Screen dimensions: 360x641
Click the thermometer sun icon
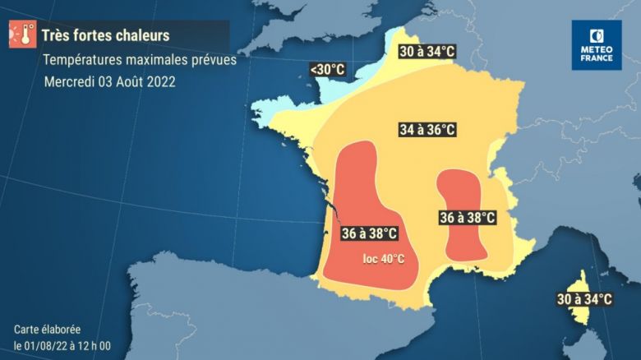[x=22, y=35]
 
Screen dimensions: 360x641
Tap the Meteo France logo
[x=597, y=44]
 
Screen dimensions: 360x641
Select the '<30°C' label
[x=327, y=70]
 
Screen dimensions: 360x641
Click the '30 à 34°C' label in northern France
[x=427, y=52]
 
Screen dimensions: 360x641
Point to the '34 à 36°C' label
[x=427, y=130]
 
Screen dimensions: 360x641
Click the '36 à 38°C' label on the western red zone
[x=370, y=234]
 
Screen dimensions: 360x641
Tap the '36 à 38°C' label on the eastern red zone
[x=468, y=218]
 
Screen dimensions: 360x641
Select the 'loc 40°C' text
[x=384, y=259]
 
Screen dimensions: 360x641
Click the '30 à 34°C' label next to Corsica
[x=584, y=299]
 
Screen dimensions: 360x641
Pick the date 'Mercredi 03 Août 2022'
[x=109, y=82]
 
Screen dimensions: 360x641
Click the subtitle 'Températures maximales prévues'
[x=139, y=60]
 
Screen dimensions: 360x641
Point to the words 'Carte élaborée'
[x=47, y=329]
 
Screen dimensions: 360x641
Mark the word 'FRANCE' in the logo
[x=597, y=58]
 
